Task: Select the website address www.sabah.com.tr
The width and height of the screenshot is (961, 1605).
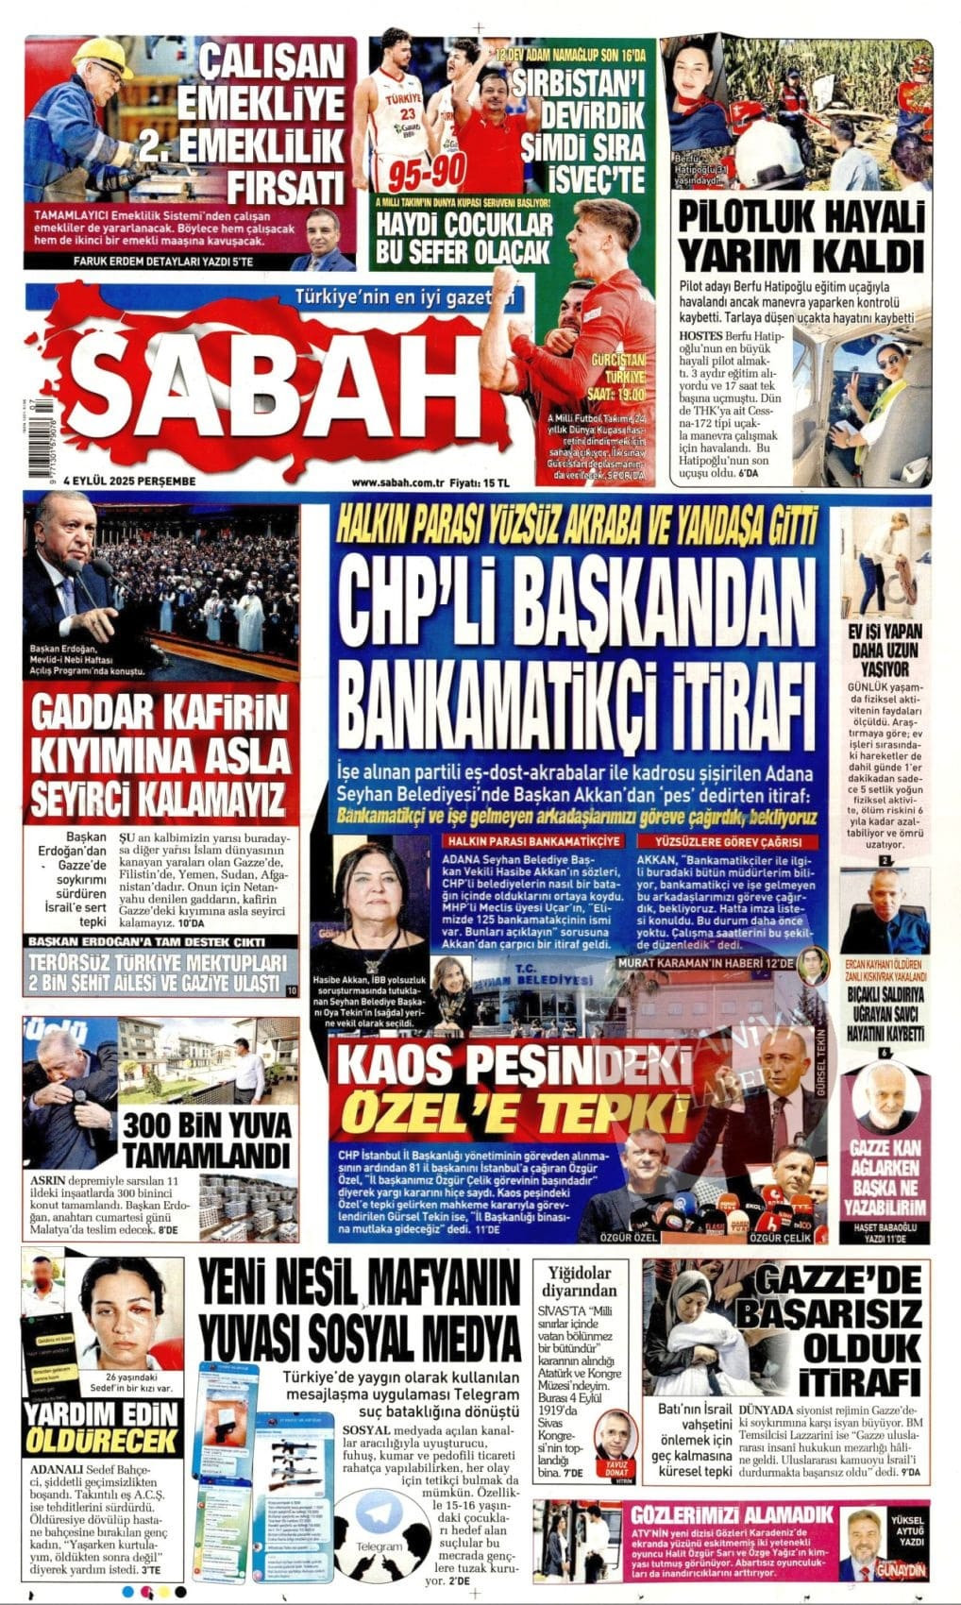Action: (397, 481)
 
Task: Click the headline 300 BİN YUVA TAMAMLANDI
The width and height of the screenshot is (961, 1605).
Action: (206, 1140)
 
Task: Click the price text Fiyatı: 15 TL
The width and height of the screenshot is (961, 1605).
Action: (479, 481)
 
